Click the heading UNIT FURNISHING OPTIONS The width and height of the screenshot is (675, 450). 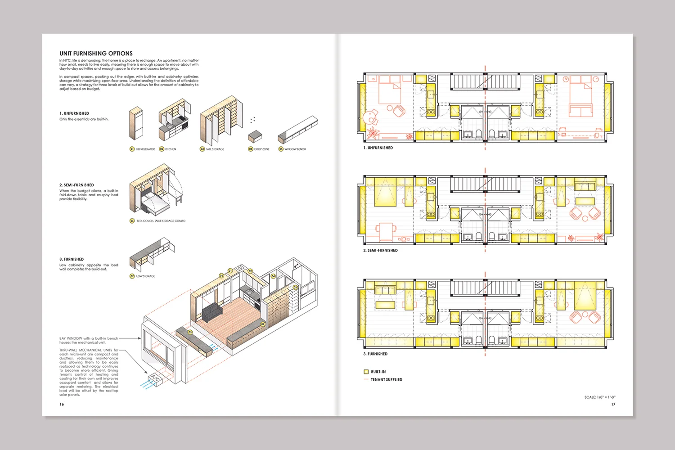coord(96,53)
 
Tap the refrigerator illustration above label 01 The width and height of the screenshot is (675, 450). coord(136,123)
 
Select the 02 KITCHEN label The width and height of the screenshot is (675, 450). coord(168,149)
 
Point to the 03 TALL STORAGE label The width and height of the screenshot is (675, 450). coord(212,149)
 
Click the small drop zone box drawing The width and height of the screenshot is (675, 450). coord(255,135)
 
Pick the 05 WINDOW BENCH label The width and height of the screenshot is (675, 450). coord(292,149)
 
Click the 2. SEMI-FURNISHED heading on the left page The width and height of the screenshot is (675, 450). coord(76,185)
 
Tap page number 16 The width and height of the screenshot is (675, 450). coord(62,404)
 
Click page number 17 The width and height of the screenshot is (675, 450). coord(613,404)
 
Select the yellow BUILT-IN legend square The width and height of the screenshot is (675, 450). coord(366,372)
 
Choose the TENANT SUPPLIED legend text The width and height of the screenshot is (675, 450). coord(386,380)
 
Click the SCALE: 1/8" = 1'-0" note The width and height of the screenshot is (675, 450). coord(599,397)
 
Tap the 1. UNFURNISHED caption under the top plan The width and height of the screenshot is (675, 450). coord(378,148)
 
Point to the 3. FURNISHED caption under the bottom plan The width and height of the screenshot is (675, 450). coord(375,354)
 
